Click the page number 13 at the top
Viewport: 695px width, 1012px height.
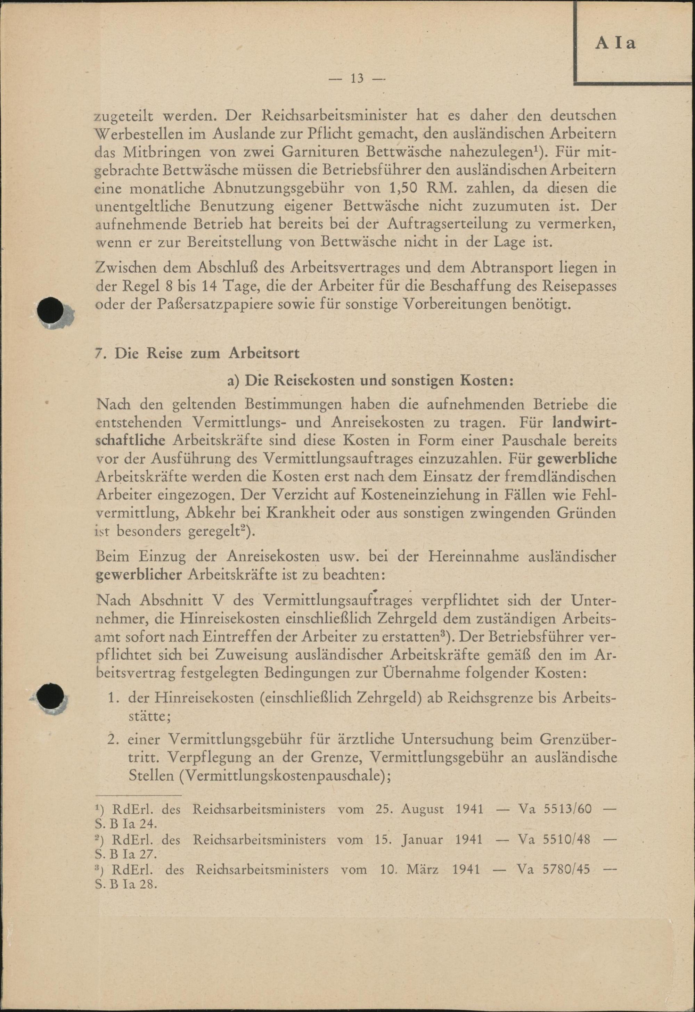(357, 79)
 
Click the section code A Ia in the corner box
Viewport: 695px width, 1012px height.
(615, 43)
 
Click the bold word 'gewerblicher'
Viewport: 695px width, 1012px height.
(138, 575)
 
